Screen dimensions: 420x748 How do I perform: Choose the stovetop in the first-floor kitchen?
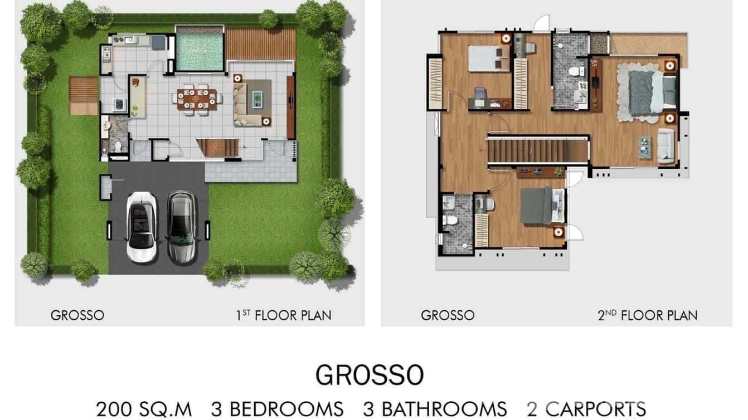[106, 53]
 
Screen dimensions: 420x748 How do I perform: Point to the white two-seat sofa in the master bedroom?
[667, 145]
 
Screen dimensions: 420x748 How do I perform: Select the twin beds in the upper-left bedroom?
[489, 57]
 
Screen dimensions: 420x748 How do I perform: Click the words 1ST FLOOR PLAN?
[283, 315]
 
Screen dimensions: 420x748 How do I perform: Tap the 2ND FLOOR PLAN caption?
[647, 315]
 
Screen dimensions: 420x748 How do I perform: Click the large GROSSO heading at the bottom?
[370, 375]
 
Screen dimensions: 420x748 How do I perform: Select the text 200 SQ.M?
[144, 409]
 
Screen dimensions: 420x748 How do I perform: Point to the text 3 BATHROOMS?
[435, 409]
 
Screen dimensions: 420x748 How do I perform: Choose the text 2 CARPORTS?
[586, 409]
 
